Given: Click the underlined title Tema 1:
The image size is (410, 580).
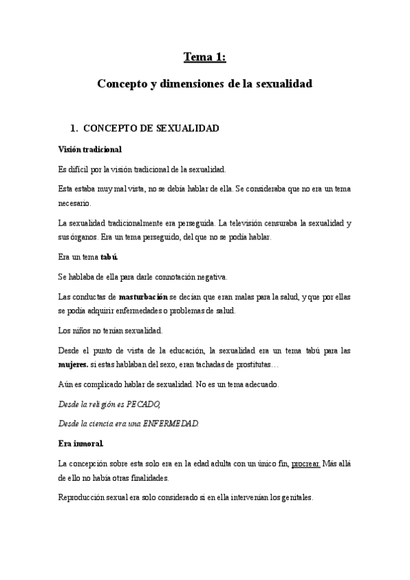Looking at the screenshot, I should [x=205, y=57].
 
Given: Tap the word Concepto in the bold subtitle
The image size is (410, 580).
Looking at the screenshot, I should [x=121, y=85].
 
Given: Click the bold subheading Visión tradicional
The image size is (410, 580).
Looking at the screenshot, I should [x=90, y=148].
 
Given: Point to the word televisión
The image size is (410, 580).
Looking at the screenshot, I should [x=253, y=224].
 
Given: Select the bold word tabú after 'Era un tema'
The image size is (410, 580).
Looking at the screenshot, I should [x=109, y=257].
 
